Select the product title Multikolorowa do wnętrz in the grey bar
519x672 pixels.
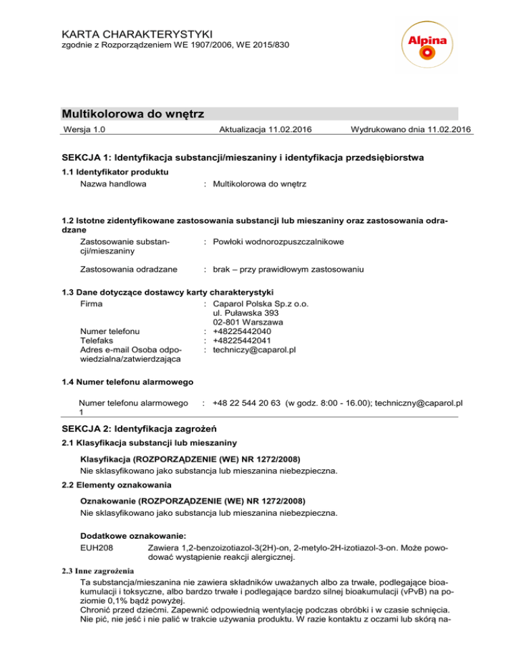pos(132,113)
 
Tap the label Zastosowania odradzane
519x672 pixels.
pos(129,269)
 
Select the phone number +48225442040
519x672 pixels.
pos(242,331)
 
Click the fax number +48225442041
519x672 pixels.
pos(242,341)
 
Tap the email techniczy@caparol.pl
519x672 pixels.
pos(255,350)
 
